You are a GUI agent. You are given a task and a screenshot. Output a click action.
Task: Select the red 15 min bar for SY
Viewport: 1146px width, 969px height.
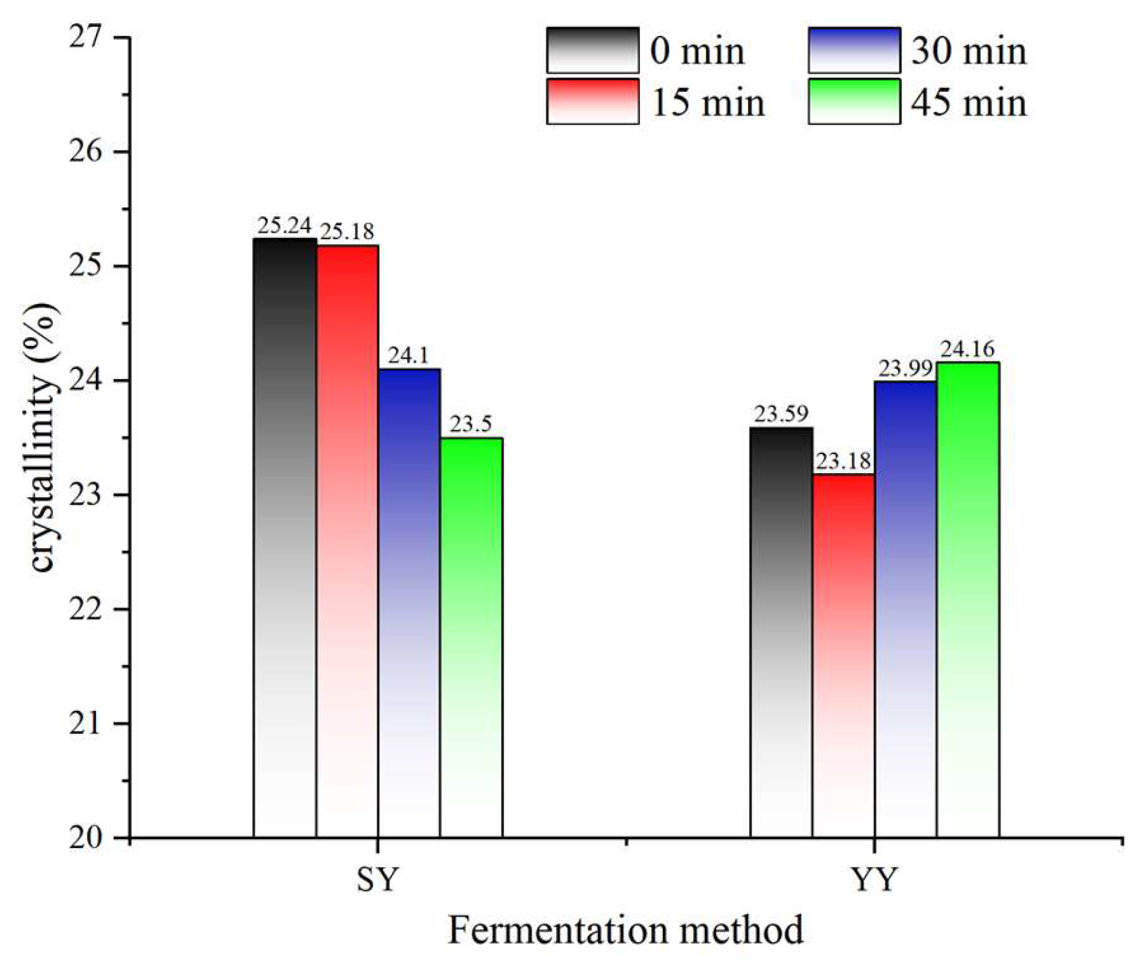coord(347,541)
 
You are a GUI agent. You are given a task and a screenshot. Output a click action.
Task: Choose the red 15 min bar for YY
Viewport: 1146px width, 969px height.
coord(843,655)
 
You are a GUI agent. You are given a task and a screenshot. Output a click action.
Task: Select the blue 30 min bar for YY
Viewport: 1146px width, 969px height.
coord(905,609)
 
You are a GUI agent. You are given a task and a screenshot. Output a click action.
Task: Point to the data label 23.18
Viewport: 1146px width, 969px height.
coord(843,462)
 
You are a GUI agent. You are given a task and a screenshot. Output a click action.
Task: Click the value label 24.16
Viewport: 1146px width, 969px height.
coord(968,350)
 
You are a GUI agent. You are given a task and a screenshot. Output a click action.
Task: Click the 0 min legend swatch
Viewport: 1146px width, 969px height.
coord(593,50)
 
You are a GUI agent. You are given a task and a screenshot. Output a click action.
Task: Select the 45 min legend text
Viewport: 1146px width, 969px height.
coord(968,103)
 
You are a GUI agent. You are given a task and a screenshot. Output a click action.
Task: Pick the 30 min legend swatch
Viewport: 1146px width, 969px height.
coord(854,50)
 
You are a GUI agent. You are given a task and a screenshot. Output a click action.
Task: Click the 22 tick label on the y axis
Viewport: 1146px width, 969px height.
coord(85,610)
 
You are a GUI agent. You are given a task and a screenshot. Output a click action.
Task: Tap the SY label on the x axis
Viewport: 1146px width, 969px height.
coord(378,880)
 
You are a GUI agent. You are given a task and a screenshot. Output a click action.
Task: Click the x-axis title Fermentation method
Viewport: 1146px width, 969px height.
coord(626,930)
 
